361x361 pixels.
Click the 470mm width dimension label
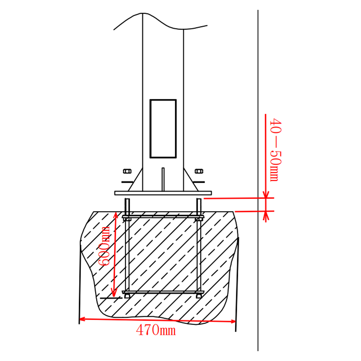pos(156,329)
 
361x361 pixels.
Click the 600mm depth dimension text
pos(105,246)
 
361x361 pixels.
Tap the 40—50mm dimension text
pos(275,149)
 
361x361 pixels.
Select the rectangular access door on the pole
pos(163,129)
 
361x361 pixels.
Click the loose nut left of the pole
pos(127,171)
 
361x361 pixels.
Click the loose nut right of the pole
pos(198,171)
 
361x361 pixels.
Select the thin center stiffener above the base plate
pos(163,179)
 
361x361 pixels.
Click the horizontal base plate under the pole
pos(163,193)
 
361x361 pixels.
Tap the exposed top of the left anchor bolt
pos(127,206)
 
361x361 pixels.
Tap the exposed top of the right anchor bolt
pos(199,206)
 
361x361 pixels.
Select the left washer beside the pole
pos(126,182)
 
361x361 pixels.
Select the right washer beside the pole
pos(199,182)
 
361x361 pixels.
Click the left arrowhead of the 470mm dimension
pos(82,319)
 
